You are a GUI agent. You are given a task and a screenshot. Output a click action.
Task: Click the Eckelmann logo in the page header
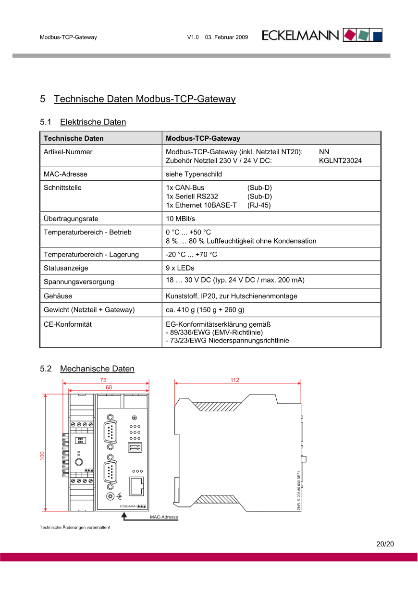coord(322,35)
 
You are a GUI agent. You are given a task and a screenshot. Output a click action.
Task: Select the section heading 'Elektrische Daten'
coord(93,122)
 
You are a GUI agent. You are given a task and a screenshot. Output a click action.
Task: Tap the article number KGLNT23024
coord(340,161)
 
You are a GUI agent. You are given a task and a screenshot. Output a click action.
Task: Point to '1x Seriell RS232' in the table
coord(192,197)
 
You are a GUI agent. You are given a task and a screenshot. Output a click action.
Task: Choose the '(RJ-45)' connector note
coord(259,205)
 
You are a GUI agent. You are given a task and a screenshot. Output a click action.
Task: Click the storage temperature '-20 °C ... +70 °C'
coord(191,254)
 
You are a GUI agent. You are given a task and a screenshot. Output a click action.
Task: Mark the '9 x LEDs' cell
coord(180,268)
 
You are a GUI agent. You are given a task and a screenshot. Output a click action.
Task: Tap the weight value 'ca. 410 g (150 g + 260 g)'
coord(205,310)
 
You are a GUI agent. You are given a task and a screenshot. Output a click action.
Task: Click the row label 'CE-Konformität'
coord(67,324)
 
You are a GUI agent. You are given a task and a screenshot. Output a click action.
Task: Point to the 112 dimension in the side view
coord(234,380)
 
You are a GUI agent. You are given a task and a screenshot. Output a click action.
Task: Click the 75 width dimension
coord(103,380)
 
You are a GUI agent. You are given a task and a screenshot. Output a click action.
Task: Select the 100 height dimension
coord(42,456)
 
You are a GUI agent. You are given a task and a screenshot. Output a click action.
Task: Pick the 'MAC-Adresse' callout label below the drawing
coord(164,517)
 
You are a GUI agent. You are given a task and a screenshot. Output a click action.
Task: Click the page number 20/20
coord(385,544)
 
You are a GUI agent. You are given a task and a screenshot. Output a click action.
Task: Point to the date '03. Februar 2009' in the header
coord(226,37)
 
